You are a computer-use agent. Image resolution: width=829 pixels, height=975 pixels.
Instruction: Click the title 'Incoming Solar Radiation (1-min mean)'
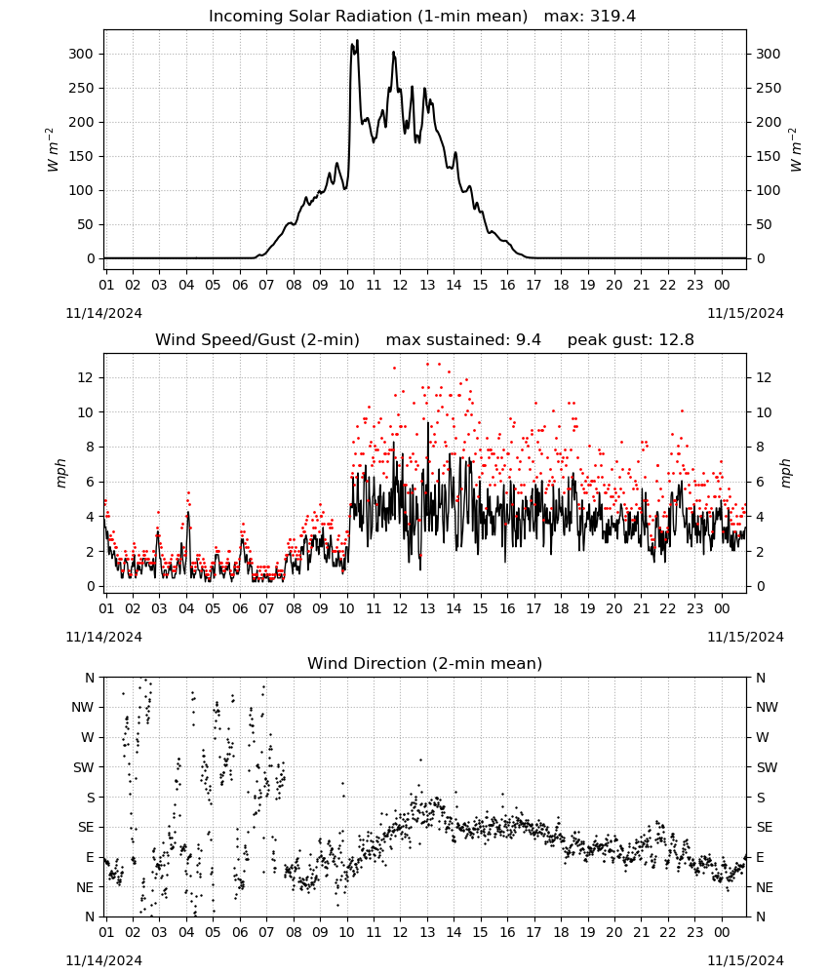coord(368,17)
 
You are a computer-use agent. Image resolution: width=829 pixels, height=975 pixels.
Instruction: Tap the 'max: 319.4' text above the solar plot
coord(590,17)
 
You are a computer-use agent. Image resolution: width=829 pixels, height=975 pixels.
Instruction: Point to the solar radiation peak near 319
coord(357,41)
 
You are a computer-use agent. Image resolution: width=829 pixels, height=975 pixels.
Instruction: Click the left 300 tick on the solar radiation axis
coord(81,54)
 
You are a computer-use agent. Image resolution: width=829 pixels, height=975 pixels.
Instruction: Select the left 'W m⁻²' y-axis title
coord(53,150)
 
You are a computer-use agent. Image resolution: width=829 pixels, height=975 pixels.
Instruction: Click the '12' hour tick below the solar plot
coord(400,285)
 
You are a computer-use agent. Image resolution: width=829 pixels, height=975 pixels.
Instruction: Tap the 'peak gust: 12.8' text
coord(631,340)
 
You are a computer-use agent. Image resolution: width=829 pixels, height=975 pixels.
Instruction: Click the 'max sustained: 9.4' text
coord(463,340)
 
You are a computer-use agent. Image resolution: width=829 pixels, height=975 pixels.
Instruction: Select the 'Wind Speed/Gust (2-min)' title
coord(257,340)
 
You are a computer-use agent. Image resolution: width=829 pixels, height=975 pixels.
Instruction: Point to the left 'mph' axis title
coord(60,473)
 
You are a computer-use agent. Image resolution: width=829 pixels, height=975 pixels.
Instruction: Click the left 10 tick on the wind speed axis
coord(86,412)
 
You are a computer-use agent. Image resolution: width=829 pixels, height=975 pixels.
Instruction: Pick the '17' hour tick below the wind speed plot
coord(533,608)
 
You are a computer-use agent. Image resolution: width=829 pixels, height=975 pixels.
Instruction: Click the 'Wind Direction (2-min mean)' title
coord(425,663)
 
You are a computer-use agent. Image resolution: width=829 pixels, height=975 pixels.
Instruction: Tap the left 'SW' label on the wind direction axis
coord(83,767)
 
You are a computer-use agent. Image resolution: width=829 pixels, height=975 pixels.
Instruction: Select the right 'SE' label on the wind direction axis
coord(765,827)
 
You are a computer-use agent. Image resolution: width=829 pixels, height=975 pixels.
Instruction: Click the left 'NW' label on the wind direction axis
coord(83,707)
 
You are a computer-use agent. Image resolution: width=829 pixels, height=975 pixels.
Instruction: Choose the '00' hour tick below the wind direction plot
coord(722,932)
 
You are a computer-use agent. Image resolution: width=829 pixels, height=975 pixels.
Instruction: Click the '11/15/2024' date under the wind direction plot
coord(745,960)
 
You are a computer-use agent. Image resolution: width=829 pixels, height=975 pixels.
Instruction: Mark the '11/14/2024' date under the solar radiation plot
coord(103,313)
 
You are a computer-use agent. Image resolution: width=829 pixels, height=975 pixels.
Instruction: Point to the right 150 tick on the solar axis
coord(769,156)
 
